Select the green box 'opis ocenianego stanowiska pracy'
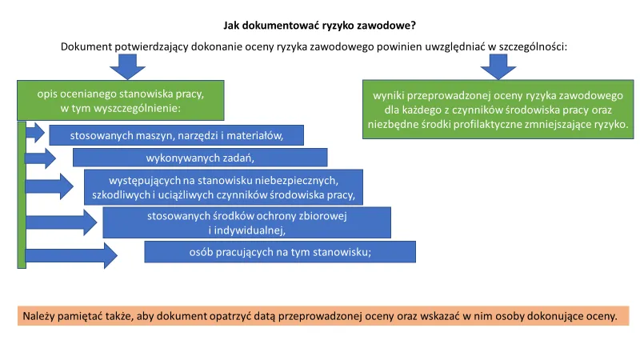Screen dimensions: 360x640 point(121,101)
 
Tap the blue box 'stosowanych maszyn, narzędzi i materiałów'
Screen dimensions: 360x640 point(176,135)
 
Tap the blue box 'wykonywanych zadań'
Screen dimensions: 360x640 point(200,157)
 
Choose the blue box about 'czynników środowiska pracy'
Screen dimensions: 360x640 point(224,187)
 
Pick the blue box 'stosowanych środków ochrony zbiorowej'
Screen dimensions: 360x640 point(246,222)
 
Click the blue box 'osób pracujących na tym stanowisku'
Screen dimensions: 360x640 point(280,252)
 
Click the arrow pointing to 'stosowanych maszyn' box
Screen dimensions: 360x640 point(35,133)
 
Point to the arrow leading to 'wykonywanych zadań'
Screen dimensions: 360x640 point(41,158)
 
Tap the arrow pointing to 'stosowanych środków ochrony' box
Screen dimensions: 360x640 point(61,222)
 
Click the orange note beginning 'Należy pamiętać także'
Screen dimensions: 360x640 point(323,315)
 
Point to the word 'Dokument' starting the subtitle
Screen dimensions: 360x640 point(85,46)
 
